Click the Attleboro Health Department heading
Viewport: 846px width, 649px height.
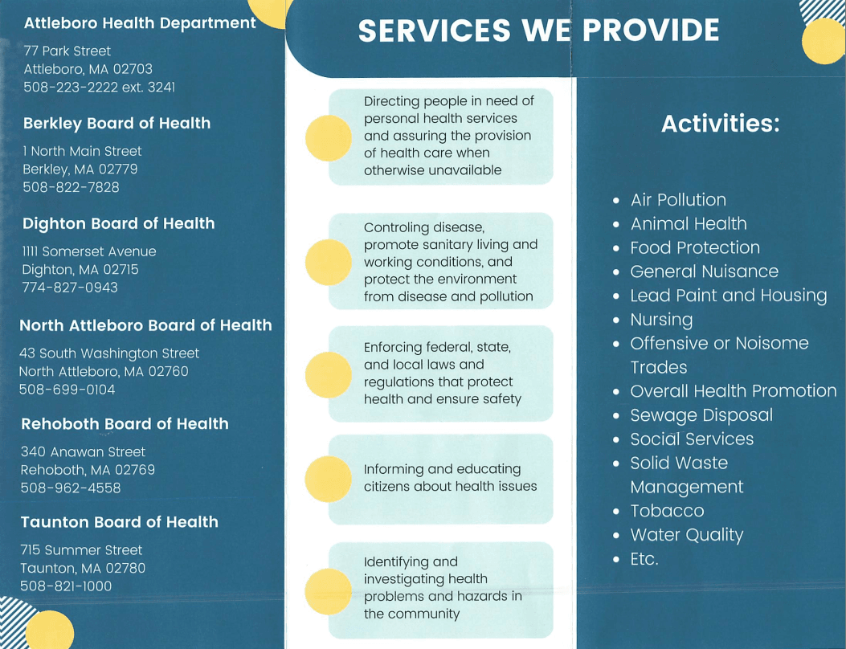pyautogui.click(x=140, y=23)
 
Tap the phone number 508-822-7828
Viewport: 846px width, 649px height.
pyautogui.click(x=71, y=187)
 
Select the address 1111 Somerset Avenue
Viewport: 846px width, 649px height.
pyautogui.click(x=89, y=251)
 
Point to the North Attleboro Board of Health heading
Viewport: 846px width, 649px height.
pyautogui.click(x=145, y=325)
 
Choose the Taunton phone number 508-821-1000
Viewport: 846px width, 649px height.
pyautogui.click(x=66, y=586)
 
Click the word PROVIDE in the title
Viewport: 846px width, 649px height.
pyautogui.click(x=650, y=31)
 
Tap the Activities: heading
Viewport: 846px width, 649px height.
pyautogui.click(x=720, y=124)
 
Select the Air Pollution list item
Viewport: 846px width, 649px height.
pyautogui.click(x=678, y=200)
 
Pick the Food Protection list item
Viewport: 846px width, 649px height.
pyautogui.click(x=695, y=247)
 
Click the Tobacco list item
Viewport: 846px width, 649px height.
pyautogui.click(x=667, y=511)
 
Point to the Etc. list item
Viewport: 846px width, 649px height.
pyautogui.click(x=644, y=559)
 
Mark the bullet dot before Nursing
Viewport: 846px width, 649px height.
pyautogui.click(x=616, y=320)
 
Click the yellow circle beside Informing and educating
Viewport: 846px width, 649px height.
pyautogui.click(x=329, y=479)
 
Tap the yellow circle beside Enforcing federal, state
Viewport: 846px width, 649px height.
pyautogui.click(x=329, y=374)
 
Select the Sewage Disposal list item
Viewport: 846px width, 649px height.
pyautogui.click(x=701, y=415)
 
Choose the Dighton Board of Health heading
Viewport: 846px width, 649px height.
pyautogui.click(x=119, y=223)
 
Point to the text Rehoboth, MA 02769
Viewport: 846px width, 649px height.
pyautogui.click(x=88, y=470)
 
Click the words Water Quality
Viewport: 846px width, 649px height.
pyautogui.click(x=687, y=535)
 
